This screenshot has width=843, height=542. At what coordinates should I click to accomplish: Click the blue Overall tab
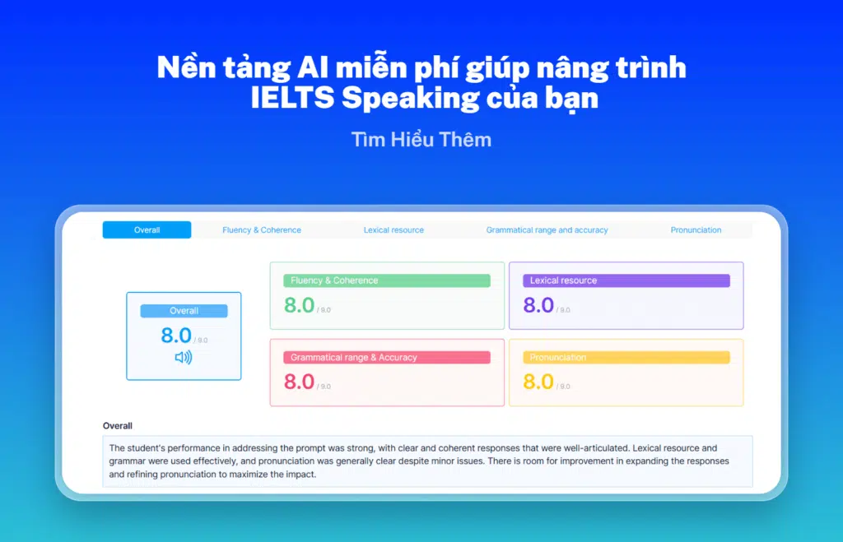coord(147,230)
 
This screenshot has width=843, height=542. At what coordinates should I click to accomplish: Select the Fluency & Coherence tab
coord(262,230)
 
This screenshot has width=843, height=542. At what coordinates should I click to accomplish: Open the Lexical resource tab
coord(394,230)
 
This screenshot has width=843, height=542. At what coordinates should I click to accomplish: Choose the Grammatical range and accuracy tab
coord(547,230)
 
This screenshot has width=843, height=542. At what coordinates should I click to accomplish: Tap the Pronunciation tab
coord(696,230)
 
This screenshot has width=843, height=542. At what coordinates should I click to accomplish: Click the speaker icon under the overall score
coord(184,357)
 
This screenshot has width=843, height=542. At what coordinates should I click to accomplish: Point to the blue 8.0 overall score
coord(176,336)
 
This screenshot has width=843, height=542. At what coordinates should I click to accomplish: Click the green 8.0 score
coord(299,306)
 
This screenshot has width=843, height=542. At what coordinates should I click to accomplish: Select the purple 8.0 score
coord(538,306)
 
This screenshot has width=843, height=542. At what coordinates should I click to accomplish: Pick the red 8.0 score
coord(299,382)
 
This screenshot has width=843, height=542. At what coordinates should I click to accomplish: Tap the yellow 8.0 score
coord(538,382)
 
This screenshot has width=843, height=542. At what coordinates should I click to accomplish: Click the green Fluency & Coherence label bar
coord(387,280)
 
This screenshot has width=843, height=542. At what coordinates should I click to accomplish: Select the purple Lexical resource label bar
coord(626,280)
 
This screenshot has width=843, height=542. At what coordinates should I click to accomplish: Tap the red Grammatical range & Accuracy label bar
coord(387,357)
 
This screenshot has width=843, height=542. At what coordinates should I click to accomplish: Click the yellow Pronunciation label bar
coord(626,357)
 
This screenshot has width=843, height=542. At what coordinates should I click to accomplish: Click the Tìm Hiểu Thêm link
coord(421,140)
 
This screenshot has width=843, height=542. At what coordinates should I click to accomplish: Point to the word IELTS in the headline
coord(292,99)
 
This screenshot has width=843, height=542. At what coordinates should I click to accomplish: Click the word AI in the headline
coord(313,67)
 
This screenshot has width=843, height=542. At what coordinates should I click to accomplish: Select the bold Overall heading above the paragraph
coord(117,426)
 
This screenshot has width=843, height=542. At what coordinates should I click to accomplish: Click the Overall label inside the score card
coord(184,311)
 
